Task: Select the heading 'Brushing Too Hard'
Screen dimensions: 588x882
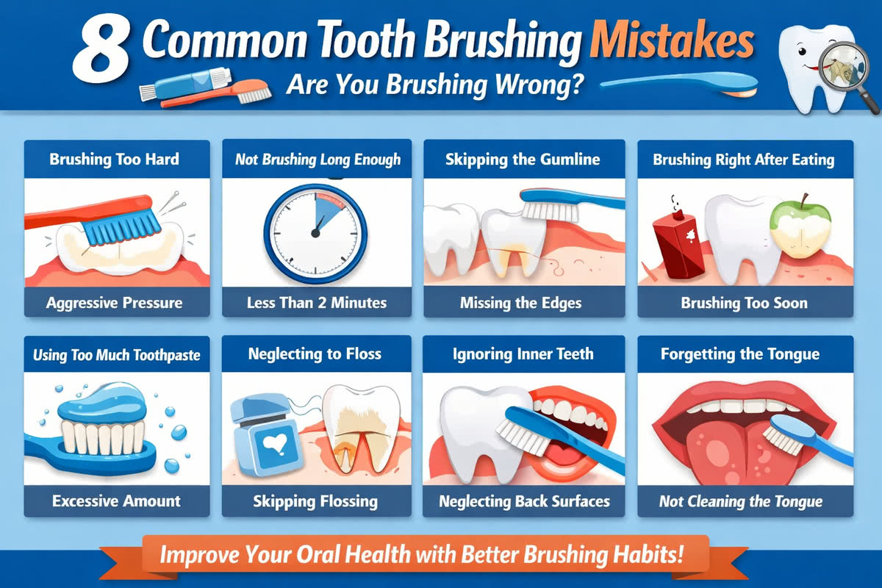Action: tap(114, 159)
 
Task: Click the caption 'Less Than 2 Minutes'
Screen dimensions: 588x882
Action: tap(317, 302)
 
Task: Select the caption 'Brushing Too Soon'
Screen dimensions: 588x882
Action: tap(744, 302)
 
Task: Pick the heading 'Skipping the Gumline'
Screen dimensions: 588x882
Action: tap(523, 159)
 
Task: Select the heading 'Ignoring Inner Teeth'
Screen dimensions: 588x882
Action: tap(523, 355)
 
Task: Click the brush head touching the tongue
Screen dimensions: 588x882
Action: tap(779, 434)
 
